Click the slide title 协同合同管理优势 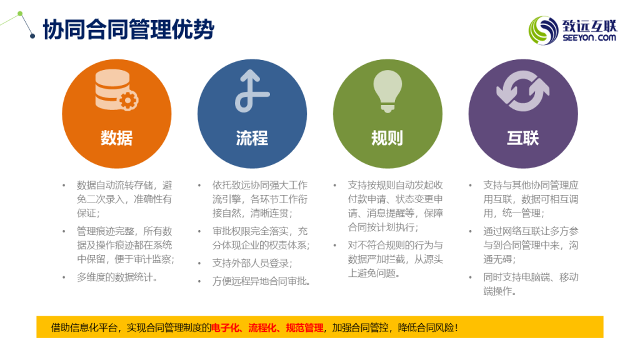(x=129, y=29)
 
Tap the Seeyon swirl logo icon (x=543, y=30)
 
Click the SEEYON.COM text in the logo (x=589, y=38)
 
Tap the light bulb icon (x=387, y=91)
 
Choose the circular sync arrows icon (x=523, y=91)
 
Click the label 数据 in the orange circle (x=117, y=138)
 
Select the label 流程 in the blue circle (x=252, y=138)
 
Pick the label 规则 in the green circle (x=387, y=138)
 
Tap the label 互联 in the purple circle (x=523, y=138)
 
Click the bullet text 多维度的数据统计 (x=117, y=277)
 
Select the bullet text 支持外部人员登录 (x=252, y=263)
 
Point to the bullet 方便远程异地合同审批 (x=261, y=281)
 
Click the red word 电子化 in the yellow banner (x=225, y=327)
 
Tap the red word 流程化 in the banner (x=262, y=327)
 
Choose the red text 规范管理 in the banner (x=304, y=327)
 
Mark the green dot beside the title (x=20, y=14)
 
